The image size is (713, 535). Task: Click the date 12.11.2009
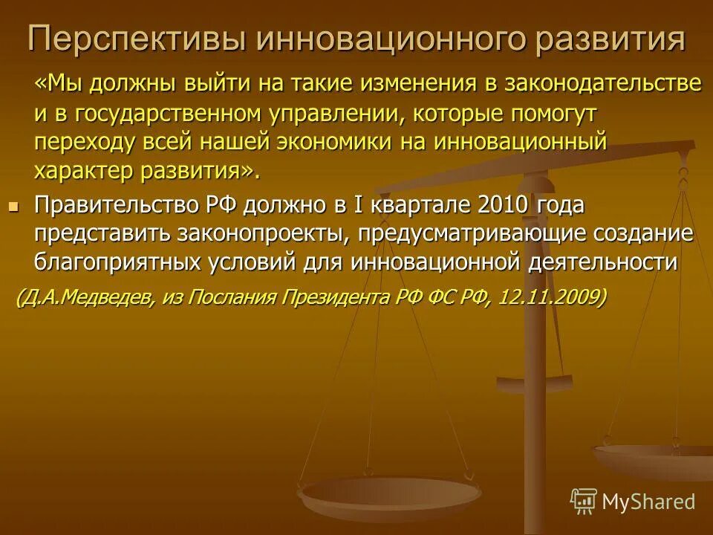point(548,298)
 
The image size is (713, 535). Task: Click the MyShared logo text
point(648,502)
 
